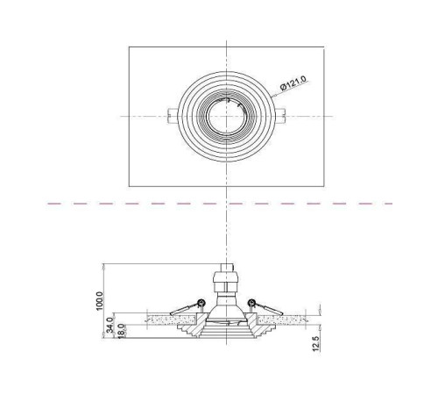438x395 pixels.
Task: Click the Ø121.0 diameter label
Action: pos(293,83)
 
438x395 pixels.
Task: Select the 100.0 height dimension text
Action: pos(100,301)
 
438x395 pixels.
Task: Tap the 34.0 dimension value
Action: pos(109,325)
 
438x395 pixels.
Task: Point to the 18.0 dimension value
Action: pos(122,331)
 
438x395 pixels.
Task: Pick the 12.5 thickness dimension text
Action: pos(316,343)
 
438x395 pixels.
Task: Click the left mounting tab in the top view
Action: pos(173,116)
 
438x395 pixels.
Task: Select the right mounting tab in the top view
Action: pos(281,116)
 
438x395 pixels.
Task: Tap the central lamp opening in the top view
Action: pos(226,116)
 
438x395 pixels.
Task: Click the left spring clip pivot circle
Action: pos(201,303)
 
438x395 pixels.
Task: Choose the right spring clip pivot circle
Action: pos(251,303)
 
